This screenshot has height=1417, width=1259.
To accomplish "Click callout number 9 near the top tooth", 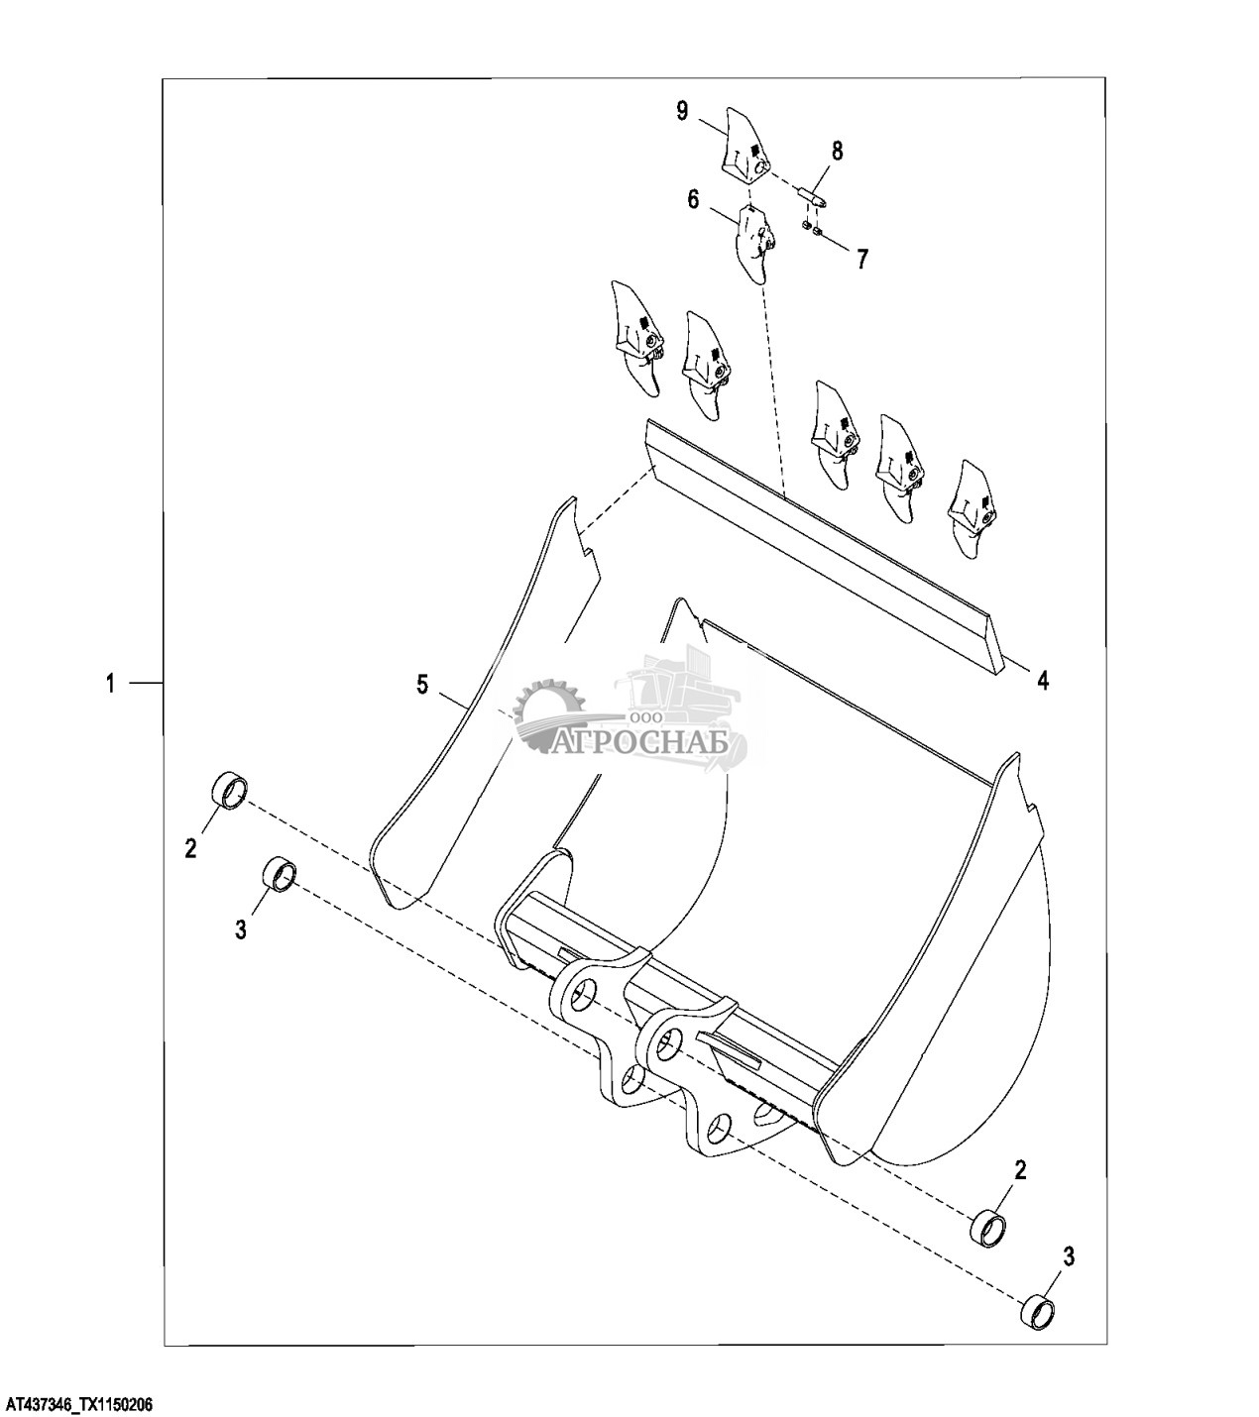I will point(682,111).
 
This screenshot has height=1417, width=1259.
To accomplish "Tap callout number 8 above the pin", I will point(838,151).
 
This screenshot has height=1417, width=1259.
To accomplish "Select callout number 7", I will point(862,260).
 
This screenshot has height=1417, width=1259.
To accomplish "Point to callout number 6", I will point(693,200).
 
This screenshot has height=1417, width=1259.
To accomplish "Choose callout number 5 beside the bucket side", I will point(422,684).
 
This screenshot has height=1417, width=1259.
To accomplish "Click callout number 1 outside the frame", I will point(111,683).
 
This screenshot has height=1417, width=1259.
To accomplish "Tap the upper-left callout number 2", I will point(191,847).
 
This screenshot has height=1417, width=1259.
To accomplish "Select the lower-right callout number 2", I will point(1020,1170).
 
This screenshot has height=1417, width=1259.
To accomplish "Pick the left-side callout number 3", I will point(241,930).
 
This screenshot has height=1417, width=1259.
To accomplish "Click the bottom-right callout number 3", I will point(1069,1257).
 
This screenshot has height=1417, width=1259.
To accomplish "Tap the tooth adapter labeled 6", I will point(755,241).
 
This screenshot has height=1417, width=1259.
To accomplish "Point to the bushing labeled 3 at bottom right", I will point(1038,1310).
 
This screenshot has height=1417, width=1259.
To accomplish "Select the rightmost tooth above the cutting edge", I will point(971,505).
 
